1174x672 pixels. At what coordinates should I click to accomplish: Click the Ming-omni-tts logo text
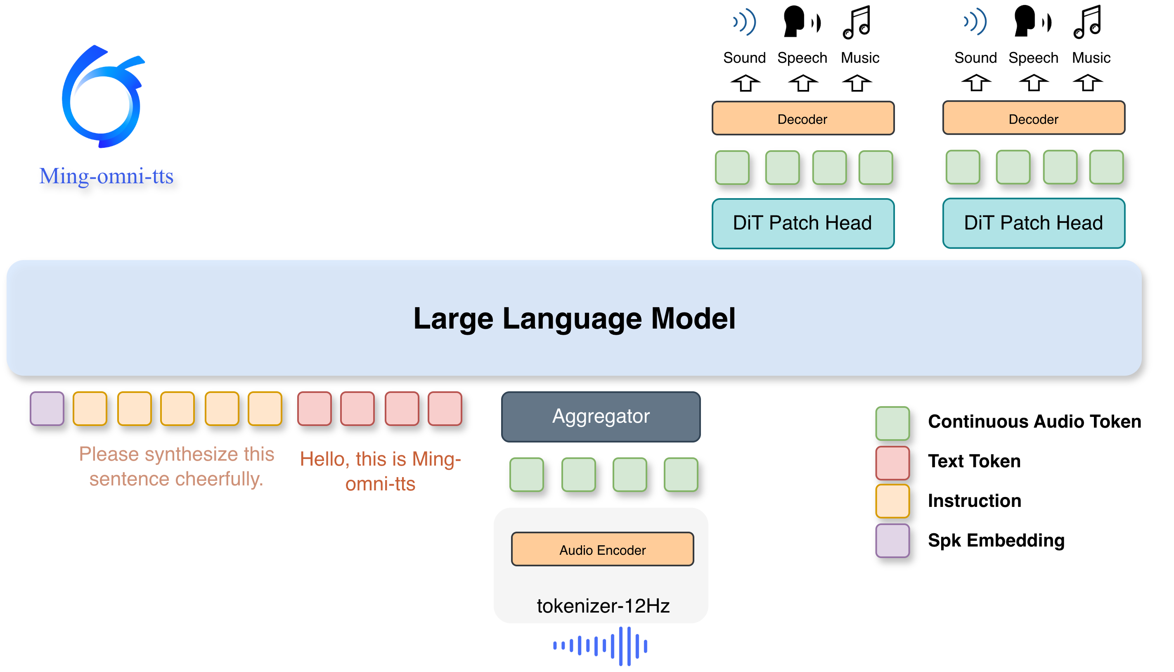coord(106,176)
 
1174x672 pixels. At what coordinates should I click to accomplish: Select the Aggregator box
coord(601,416)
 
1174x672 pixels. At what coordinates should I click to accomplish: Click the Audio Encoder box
coord(602,549)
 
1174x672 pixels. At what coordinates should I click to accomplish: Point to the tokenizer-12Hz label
coord(603,606)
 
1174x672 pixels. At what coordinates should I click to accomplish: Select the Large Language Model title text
coord(574,319)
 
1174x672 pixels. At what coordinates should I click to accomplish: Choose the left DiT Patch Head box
coord(802,223)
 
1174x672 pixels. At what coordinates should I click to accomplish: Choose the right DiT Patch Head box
coord(1033,223)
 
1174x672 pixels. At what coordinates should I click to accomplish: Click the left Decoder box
coord(802,118)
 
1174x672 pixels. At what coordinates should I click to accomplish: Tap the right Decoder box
coord(1033,118)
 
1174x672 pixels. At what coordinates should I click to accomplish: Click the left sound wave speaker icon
coord(745,22)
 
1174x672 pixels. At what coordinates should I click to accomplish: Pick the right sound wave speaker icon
coord(975,22)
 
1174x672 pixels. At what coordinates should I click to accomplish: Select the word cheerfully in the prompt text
coord(219,479)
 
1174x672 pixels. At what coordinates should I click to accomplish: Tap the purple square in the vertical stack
coord(892,540)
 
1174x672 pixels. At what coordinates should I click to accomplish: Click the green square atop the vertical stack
coord(892,423)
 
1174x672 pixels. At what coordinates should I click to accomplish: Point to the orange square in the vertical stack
coord(892,501)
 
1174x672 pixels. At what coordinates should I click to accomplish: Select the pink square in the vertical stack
coord(892,462)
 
